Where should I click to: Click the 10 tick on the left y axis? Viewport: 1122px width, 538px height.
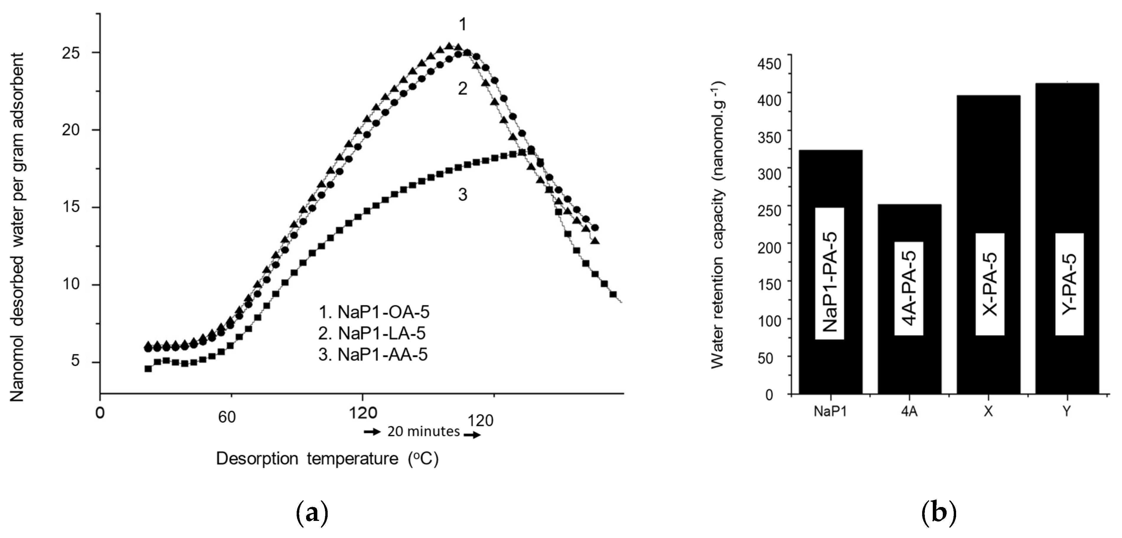click(x=72, y=285)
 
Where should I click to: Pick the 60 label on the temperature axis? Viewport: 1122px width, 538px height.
click(x=227, y=417)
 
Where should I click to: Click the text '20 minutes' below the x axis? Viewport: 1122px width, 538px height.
click(x=423, y=431)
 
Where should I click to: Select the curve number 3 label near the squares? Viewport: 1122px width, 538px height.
click(x=463, y=195)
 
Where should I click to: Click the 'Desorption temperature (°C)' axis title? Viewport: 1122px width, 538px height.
click(x=327, y=459)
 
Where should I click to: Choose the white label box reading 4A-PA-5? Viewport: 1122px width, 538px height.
click(x=909, y=288)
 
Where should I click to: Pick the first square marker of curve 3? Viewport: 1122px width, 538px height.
click(x=148, y=369)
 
